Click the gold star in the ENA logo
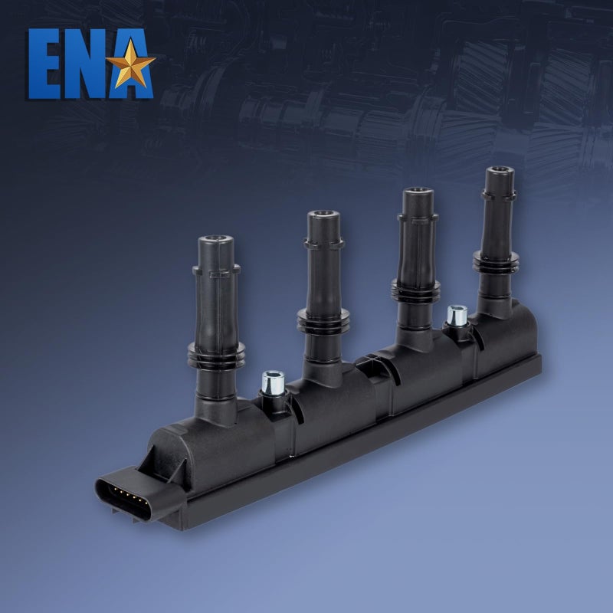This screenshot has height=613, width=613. [x=130, y=64]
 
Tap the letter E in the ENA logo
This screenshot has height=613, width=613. [x=45, y=64]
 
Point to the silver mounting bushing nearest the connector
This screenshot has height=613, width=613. [x=273, y=383]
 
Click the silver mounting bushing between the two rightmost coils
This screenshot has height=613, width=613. [x=457, y=316]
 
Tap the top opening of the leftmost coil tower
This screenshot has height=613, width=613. [x=216, y=238]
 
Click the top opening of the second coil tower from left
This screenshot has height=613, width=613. [x=323, y=214]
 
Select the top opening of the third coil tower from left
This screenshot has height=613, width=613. [x=418, y=190]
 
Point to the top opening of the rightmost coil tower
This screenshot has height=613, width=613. [x=500, y=169]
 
